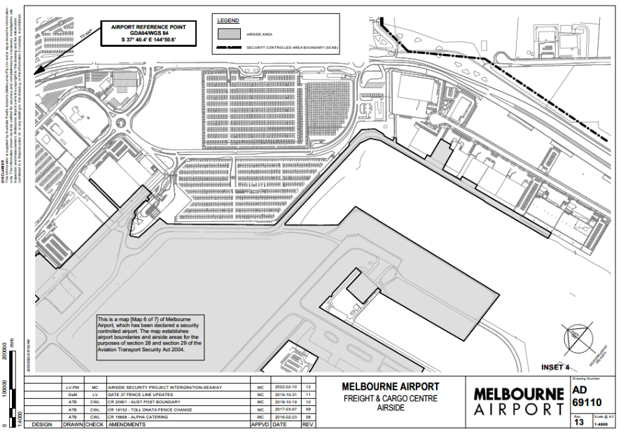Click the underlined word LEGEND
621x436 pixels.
(x=228, y=20)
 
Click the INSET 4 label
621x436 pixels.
(x=556, y=367)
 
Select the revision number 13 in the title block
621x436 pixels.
(x=578, y=422)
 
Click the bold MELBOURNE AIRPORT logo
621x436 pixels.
(x=518, y=402)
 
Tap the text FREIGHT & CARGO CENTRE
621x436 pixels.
(x=390, y=398)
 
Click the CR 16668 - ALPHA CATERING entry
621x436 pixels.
(x=137, y=417)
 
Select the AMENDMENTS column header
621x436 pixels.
(x=127, y=424)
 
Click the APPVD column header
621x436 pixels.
(x=260, y=424)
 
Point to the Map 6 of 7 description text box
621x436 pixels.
(x=150, y=337)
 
